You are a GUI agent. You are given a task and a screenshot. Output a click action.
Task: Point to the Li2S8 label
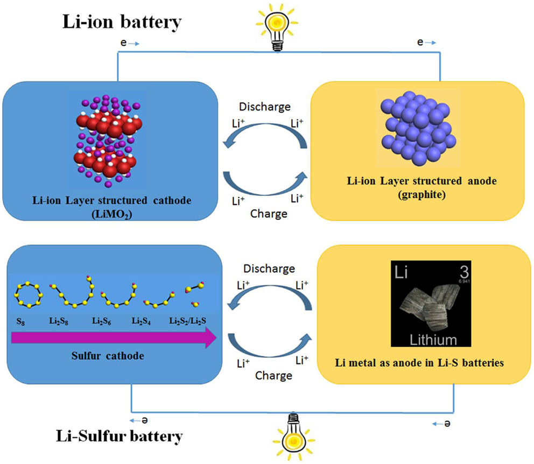tap(62, 321)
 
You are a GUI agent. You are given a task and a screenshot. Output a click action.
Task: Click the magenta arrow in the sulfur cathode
tap(113, 338)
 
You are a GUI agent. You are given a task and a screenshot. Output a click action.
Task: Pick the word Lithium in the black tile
tap(433, 340)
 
